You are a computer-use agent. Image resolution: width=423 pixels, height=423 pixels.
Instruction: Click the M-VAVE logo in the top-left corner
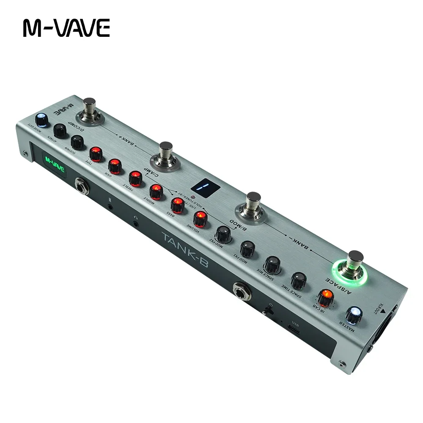pyautogui.click(x=66, y=28)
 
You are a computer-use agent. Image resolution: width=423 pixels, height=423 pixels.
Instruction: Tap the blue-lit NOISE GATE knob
pyautogui.click(x=41, y=119)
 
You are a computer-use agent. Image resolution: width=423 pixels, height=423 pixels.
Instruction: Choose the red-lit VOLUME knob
pyautogui.click(x=199, y=218)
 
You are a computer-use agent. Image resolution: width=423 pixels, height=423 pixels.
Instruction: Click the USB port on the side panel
pyautogui.click(x=295, y=327)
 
